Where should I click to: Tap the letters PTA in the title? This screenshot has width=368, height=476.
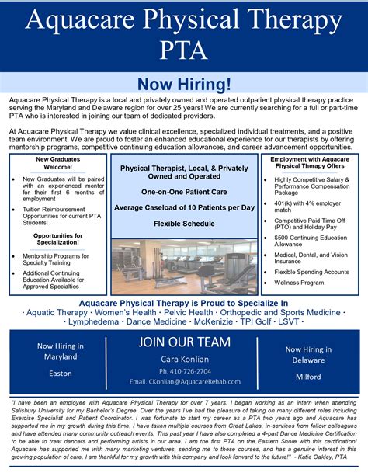pyautogui.click(x=184, y=50)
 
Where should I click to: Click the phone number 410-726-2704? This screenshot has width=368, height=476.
pyautogui.click(x=183, y=371)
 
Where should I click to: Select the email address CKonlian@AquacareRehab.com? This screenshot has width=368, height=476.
pyautogui.click(x=183, y=382)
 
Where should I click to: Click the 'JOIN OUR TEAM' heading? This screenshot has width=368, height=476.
pyautogui.click(x=184, y=342)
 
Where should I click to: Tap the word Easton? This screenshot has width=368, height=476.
pyautogui.click(x=55, y=374)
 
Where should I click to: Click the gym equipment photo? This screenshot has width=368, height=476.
pyautogui.click(x=184, y=266)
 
